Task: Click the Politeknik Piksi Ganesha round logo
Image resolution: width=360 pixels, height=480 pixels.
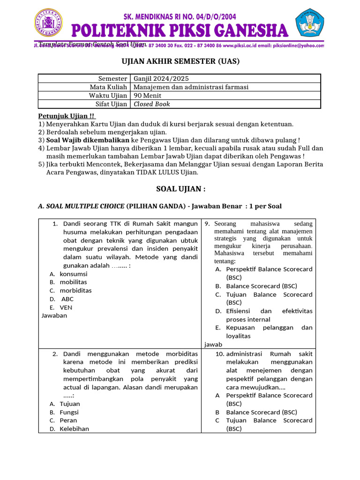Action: pos(48,23)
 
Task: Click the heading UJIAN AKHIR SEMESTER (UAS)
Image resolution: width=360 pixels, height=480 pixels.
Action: pos(180,61)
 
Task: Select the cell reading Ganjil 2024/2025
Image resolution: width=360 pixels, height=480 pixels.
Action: pos(161,79)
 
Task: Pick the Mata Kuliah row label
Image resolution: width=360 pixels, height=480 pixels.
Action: pos(108,87)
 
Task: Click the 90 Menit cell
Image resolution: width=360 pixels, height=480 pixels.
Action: pos(147,96)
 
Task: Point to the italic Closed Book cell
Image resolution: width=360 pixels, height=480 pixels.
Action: pos(152,104)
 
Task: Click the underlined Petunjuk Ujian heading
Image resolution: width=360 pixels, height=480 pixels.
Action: pos(66,116)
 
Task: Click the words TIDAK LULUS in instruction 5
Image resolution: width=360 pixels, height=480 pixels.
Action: pos(157,172)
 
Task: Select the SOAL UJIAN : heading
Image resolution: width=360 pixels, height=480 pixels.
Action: pos(180,189)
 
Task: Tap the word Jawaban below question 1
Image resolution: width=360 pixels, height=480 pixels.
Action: pos(54,315)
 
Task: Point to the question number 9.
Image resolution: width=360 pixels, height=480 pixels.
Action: pos(207,224)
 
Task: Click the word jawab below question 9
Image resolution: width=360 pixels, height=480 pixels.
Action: pos(213,344)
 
